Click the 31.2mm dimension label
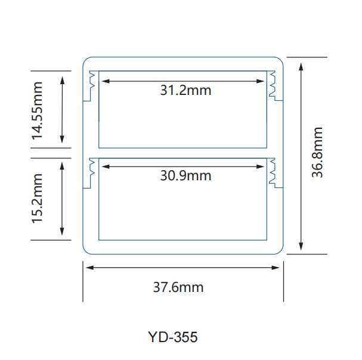(185, 91)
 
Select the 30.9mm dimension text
(185, 176)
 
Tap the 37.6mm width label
(183, 287)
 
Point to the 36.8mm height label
(317, 152)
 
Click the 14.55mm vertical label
(38, 110)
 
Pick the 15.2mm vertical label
(38, 198)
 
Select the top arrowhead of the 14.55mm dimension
(63, 78)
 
